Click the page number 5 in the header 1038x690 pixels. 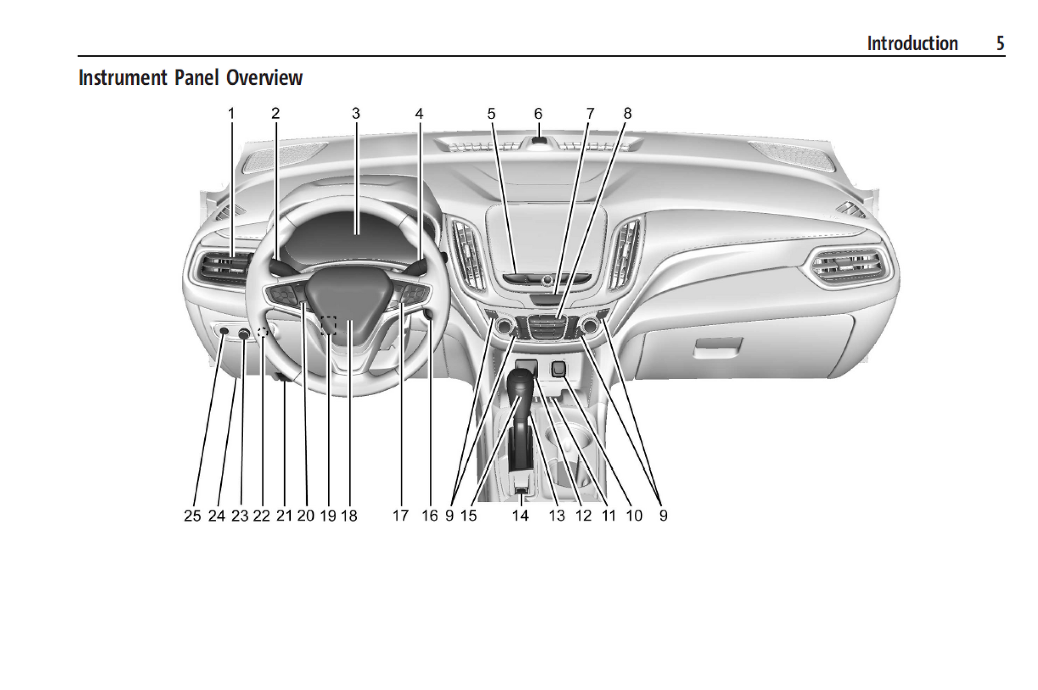click(1000, 43)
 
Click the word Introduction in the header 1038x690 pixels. click(912, 43)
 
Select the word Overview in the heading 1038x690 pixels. click(264, 78)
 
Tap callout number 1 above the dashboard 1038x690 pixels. click(231, 114)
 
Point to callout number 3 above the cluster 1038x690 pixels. click(356, 114)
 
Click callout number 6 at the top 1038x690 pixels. click(538, 114)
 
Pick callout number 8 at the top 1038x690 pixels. click(627, 114)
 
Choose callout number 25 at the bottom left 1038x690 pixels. click(192, 516)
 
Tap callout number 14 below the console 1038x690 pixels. click(520, 516)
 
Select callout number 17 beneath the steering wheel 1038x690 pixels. click(401, 516)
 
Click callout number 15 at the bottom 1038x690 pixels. click(469, 516)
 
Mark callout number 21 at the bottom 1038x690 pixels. click(284, 516)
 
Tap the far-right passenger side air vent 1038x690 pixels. click(849, 267)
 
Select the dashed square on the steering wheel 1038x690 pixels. click(329, 325)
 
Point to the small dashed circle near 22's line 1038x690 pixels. click(262, 332)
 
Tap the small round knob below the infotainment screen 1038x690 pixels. click(546, 280)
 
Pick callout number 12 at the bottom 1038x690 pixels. click(584, 516)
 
